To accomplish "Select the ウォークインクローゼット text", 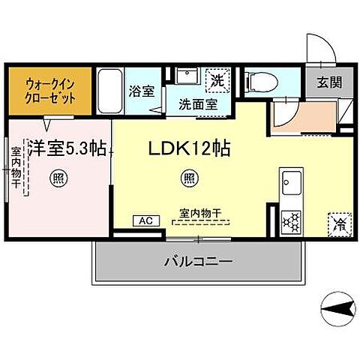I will pos(50,89).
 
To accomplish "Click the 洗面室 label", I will pos(198,105).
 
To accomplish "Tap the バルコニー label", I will pos(199,262).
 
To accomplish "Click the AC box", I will pos(145,220).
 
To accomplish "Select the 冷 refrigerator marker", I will pos(338,222).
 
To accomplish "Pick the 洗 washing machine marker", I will pos(217,80).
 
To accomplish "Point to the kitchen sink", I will pos(291,182).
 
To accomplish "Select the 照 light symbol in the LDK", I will pos(189,178).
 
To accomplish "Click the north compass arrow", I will pos(334,307).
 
